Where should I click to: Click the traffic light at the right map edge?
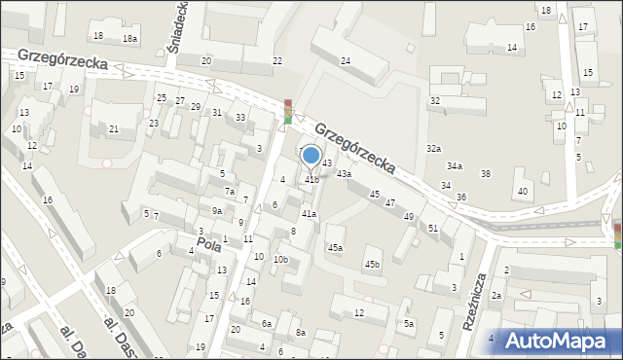point(617,234)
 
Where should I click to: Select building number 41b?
point(311,179)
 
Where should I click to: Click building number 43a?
point(344,173)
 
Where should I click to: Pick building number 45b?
point(372,265)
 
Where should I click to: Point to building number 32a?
point(433,148)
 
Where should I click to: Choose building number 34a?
point(455,165)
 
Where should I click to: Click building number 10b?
point(280,260)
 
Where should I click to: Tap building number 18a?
point(129,38)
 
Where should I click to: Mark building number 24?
point(346,61)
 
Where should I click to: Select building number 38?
point(486,173)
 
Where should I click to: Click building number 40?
point(523,191)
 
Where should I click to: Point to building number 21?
point(114,129)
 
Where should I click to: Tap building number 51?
point(433,228)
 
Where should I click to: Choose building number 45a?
point(335,248)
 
